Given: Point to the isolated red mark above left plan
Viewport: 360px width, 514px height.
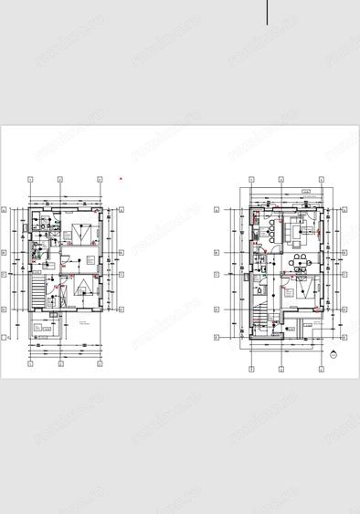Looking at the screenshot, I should [x=120, y=179].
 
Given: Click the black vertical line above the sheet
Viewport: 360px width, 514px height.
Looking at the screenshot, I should [x=268, y=12].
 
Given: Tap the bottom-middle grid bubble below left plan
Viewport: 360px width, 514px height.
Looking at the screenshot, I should [x=60, y=362].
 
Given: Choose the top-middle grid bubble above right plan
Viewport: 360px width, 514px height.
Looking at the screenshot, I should [x=281, y=181].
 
